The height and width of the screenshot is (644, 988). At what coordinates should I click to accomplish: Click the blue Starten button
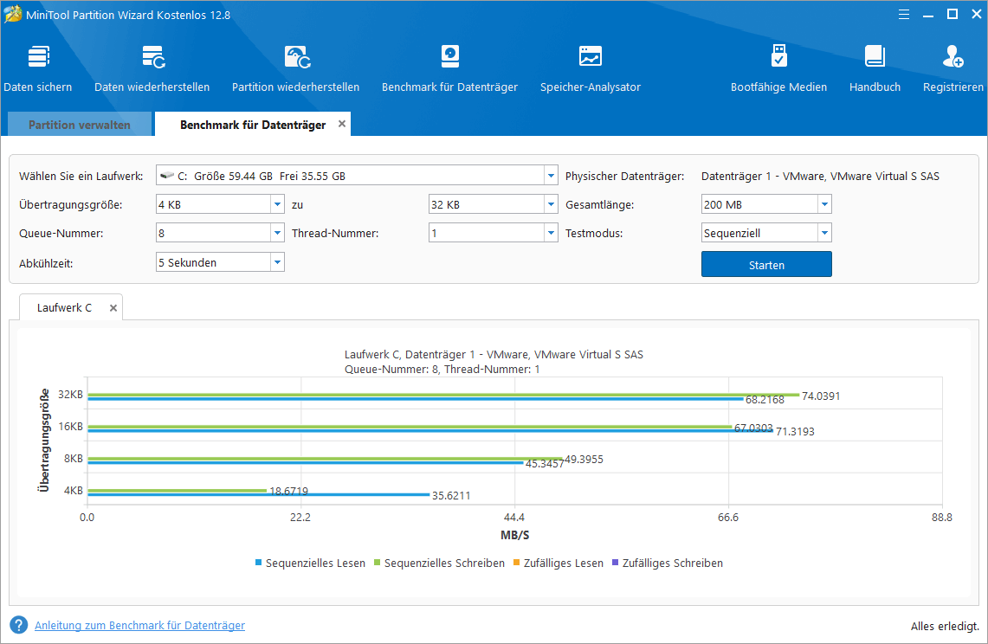765,264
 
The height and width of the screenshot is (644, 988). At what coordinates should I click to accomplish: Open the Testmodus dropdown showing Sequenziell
765,233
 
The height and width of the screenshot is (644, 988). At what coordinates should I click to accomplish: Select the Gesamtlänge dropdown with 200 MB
765,204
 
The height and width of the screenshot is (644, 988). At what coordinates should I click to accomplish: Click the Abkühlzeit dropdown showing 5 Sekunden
220,262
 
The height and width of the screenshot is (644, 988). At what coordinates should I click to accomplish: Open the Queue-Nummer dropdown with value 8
220,233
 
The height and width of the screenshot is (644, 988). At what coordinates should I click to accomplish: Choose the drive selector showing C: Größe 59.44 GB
356,176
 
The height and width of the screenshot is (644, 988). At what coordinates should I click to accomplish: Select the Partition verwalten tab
80,125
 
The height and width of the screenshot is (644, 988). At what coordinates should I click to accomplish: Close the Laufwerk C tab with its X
113,307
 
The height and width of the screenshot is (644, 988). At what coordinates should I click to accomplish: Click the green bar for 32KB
442,394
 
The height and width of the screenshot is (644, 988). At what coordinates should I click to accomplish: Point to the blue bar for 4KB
258,494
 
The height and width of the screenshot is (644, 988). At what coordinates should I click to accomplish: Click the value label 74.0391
821,396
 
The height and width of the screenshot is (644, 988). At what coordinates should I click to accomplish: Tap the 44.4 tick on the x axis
514,518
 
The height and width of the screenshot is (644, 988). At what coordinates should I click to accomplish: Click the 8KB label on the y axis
73,459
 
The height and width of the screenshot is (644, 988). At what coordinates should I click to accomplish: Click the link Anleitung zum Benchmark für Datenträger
139,625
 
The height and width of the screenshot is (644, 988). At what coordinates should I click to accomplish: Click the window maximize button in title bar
952,14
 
